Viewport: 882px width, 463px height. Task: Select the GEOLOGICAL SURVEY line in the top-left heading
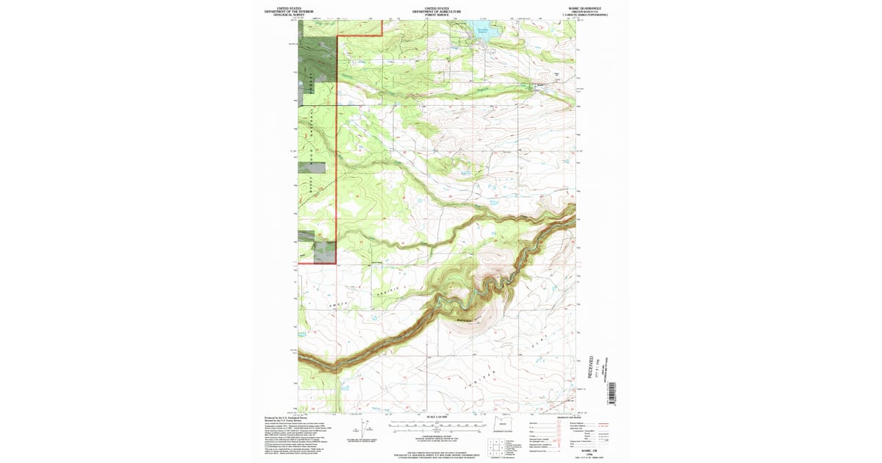[x=287, y=15]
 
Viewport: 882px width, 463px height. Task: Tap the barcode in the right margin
[x=612, y=392]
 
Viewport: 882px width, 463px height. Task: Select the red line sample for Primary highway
[x=605, y=424]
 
